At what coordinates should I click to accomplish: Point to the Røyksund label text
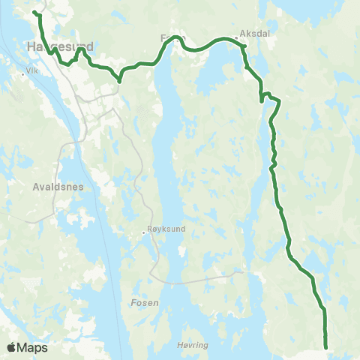(164, 232)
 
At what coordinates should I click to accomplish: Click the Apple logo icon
(12, 347)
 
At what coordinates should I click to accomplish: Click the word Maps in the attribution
(34, 347)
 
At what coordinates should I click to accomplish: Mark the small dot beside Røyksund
(144, 232)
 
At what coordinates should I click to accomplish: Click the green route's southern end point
(326, 346)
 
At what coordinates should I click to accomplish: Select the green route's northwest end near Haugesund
(34, 12)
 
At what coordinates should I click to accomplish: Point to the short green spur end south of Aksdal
(261, 101)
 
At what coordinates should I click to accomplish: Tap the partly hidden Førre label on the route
(172, 37)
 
